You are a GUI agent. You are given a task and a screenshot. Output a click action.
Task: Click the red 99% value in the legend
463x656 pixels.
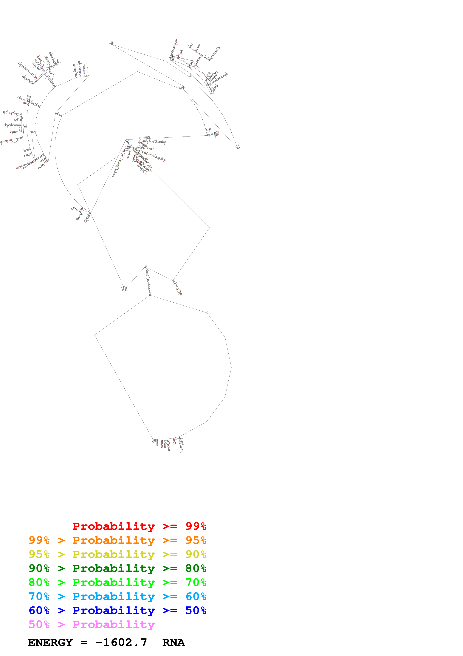[196, 526]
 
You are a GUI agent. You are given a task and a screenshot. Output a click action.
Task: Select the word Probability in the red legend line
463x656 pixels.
[114, 526]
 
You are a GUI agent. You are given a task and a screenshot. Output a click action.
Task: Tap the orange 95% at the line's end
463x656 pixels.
[196, 540]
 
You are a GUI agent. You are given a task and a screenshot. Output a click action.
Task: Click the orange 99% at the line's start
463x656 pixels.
[39, 540]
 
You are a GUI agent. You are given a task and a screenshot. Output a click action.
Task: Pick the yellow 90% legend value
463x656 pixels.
[196, 554]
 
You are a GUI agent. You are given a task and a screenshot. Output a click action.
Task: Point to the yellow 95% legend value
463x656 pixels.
[39, 554]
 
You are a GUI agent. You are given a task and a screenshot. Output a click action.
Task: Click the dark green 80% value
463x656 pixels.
[196, 568]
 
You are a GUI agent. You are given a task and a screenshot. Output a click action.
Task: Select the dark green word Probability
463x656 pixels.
[114, 568]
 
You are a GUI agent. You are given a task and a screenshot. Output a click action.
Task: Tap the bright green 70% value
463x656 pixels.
[196, 582]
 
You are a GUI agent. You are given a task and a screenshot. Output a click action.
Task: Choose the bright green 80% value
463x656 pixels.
[39, 582]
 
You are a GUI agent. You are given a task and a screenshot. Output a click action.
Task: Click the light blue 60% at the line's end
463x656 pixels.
[196, 596]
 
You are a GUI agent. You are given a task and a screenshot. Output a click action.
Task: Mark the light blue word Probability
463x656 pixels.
[114, 596]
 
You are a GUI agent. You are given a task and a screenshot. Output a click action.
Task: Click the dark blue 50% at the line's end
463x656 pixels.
[196, 610]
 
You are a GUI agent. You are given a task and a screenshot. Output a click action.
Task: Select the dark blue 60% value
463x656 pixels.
[39, 610]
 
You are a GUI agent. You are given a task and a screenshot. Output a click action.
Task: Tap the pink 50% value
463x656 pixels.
[39, 624]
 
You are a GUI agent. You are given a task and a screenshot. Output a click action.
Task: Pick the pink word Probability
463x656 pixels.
[114, 624]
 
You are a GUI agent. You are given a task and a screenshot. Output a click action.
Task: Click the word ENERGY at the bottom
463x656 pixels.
[50, 643]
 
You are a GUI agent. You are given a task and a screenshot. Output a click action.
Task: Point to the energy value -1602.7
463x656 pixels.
[121, 643]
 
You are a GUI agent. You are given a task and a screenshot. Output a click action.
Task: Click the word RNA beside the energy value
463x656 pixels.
[174, 643]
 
